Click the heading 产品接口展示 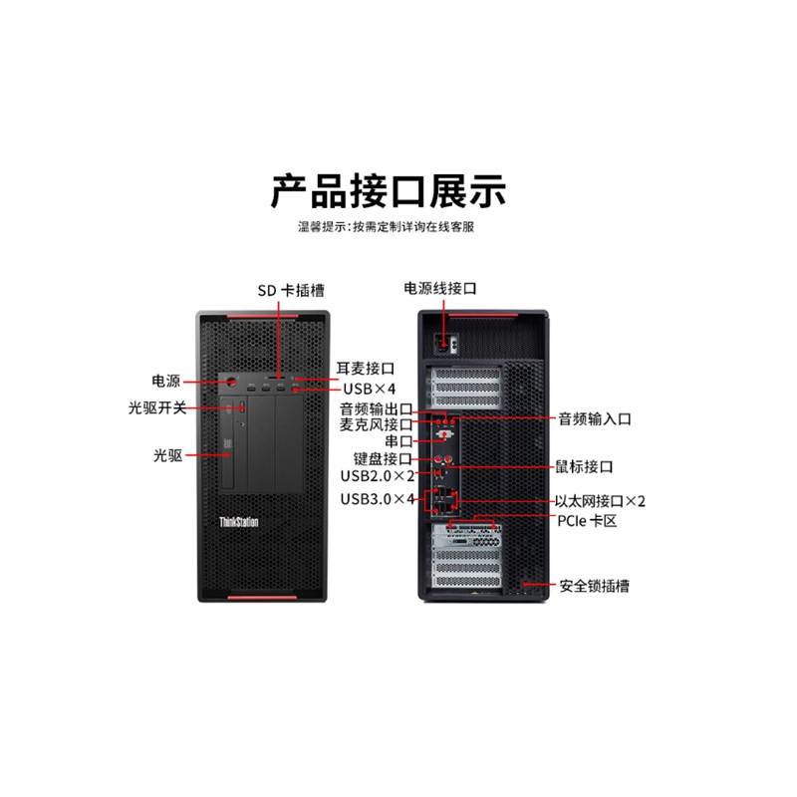[388, 191]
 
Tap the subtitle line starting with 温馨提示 [386, 227]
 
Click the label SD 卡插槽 [291, 290]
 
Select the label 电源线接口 [440, 288]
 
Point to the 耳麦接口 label [366, 368]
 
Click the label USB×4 [369, 389]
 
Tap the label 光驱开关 [157, 407]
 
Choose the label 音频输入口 [595, 418]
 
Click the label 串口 [398, 440]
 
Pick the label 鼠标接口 [584, 466]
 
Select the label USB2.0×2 [378, 476]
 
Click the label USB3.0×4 [378, 499]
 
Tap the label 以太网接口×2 [600, 501]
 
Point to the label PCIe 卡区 [587, 521]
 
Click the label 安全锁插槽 [594, 586]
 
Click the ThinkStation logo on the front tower [239, 522]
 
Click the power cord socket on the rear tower [443, 344]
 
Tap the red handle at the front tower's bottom [262, 597]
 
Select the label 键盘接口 [383, 459]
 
